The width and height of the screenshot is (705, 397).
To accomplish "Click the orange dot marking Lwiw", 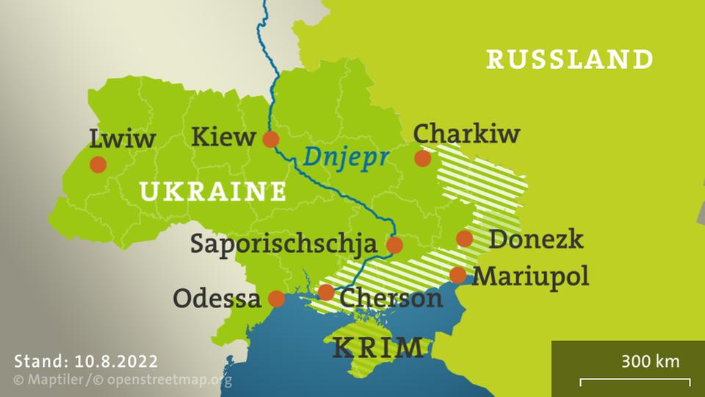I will point(98,164).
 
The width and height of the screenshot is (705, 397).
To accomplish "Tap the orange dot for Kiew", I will point(271,139).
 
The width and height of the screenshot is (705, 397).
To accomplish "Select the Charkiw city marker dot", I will point(422,158).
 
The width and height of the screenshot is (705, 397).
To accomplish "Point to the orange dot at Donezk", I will point(464,238).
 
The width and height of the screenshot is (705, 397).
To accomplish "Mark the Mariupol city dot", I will point(458,275).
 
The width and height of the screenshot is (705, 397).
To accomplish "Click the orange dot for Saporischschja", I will point(395,245).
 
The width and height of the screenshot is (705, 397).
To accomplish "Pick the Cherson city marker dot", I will point(326,293).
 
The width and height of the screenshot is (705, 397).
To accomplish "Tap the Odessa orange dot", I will point(276,298).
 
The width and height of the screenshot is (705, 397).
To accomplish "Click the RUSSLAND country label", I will point(569,59).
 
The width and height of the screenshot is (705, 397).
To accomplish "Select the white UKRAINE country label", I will point(212,192).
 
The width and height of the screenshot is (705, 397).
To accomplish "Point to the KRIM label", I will point(377,347).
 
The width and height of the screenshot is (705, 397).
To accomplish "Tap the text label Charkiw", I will point(466,134).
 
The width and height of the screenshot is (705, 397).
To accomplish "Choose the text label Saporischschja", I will point(283,244).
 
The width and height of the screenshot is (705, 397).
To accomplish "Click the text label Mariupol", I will point(530,276).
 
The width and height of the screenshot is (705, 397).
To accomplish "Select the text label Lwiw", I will point(122,138).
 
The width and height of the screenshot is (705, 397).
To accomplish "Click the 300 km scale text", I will point(650,362).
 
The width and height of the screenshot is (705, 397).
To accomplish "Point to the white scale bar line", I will point(634,381).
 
